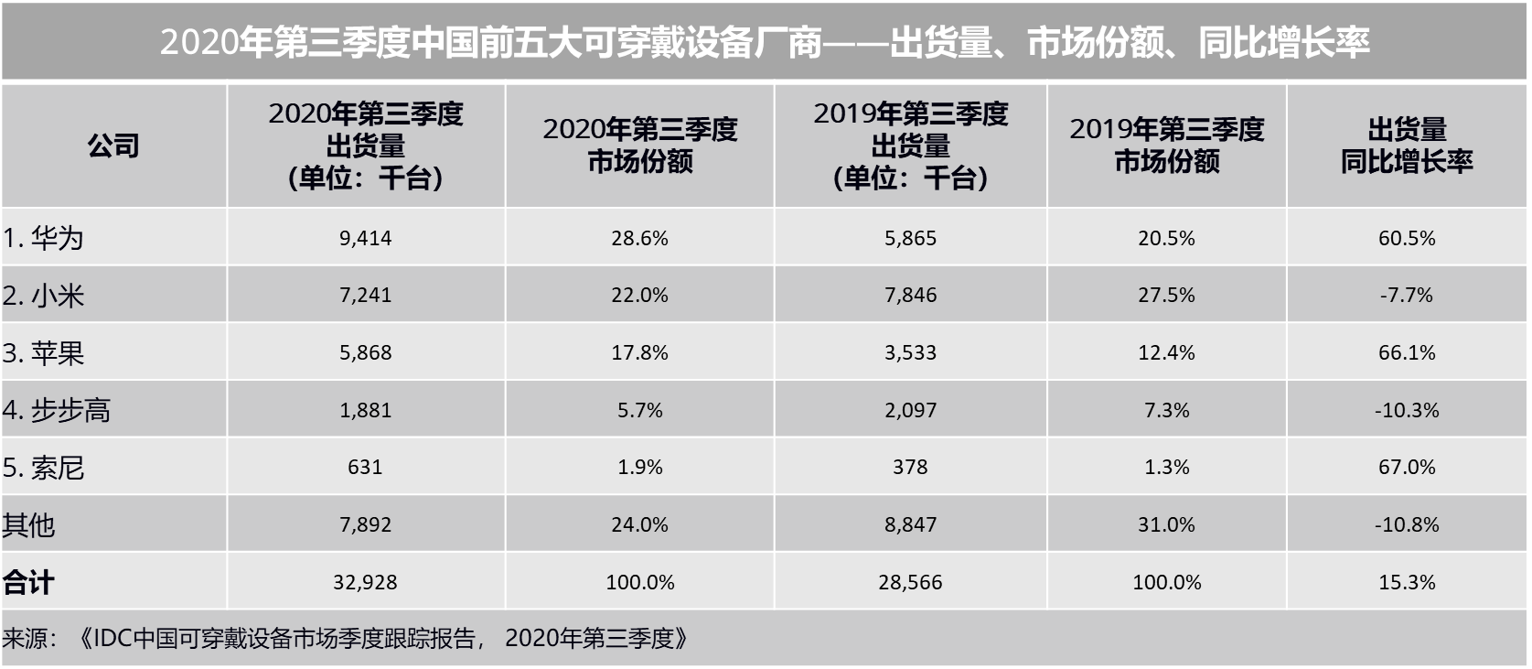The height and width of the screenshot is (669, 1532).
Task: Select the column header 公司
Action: point(113,146)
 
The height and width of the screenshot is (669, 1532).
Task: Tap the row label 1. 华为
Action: point(43,238)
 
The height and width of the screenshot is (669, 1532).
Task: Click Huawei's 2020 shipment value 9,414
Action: point(365,238)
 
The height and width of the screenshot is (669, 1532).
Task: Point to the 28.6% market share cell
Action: point(639,238)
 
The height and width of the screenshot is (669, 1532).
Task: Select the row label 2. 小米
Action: point(43,296)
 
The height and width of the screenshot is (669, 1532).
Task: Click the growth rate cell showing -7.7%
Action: point(1406,295)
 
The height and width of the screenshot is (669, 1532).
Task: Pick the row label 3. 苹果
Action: point(43,353)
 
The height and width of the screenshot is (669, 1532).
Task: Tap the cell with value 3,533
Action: point(910,352)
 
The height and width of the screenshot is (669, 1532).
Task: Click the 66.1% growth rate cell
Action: point(1406,352)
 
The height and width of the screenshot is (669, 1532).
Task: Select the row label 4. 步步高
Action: point(56,410)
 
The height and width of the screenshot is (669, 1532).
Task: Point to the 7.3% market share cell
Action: point(1166,410)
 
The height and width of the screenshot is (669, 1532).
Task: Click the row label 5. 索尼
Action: point(43,468)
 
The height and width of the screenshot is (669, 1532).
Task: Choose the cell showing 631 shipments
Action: point(365,467)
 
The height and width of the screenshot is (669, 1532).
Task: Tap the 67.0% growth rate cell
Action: point(1406,467)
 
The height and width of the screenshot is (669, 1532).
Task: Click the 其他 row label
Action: point(28,525)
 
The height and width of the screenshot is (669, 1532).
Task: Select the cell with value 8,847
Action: point(910,524)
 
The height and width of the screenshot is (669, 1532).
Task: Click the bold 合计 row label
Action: point(28,582)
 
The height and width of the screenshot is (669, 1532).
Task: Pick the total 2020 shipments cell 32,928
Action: point(365,582)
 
